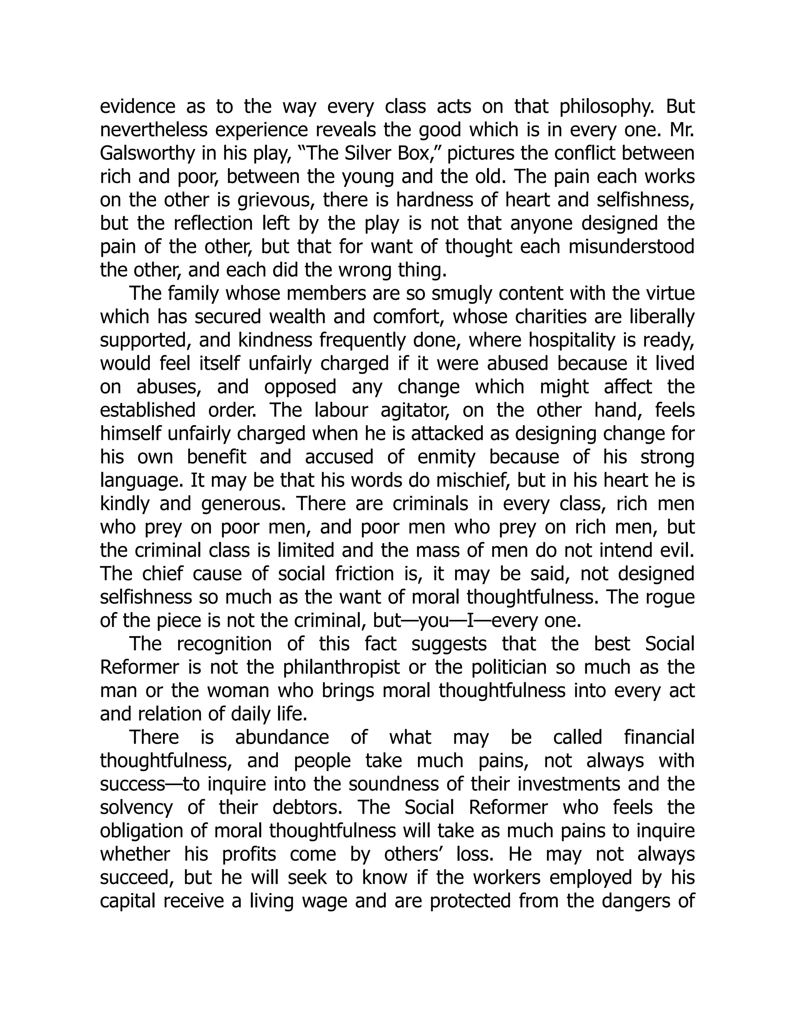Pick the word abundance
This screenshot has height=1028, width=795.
(282, 737)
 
